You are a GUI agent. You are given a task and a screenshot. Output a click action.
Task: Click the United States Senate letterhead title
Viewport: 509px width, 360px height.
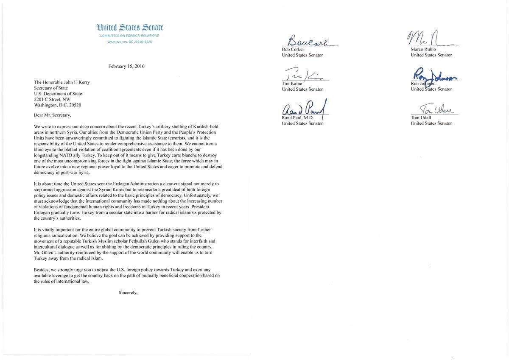130,28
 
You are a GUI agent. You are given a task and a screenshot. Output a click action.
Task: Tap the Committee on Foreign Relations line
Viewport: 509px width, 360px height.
130,36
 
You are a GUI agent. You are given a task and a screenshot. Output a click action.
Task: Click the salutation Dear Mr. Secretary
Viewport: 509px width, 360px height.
49,114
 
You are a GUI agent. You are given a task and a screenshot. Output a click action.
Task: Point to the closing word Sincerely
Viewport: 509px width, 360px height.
128,292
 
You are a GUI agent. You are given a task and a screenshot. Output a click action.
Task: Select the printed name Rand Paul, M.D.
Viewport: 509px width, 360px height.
298,117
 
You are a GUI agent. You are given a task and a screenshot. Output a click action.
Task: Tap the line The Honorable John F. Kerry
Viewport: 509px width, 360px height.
62,83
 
